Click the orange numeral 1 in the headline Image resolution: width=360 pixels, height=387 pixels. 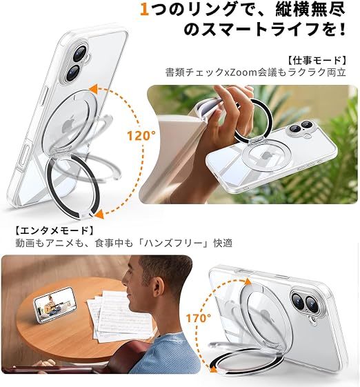tap(144, 10)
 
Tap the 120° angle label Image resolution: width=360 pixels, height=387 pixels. tap(141, 135)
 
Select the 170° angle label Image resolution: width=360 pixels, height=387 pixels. tap(199, 318)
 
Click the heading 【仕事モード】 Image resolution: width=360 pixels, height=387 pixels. tap(317, 60)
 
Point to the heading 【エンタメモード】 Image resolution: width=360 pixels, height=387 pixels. tap(54, 230)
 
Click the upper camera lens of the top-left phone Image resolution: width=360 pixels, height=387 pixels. tap(79, 53)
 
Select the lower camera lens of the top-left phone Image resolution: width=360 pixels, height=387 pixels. tap(73, 72)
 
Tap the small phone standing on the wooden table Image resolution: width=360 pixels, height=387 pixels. tap(55, 305)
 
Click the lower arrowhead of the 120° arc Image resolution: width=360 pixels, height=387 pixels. tap(99, 215)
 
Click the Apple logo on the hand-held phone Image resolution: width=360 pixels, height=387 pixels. tap(266, 156)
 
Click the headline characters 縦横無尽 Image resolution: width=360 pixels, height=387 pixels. tap(310, 10)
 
